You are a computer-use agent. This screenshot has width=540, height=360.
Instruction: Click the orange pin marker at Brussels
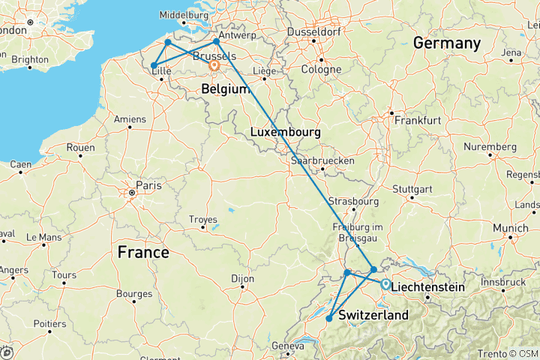pyautogui.click(x=214, y=66)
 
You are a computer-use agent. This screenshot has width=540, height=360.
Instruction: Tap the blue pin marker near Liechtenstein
pyautogui.click(x=385, y=284)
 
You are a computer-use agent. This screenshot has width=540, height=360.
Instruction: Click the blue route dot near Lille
pyautogui.click(x=154, y=66)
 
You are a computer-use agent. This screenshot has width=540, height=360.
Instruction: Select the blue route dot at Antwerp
pyautogui.click(x=216, y=41)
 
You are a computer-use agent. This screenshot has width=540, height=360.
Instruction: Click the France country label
pyautogui.click(x=143, y=253)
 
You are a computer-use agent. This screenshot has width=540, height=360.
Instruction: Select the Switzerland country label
pyautogui.click(x=373, y=316)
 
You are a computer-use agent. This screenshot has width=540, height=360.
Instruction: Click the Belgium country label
pyautogui.click(x=225, y=89)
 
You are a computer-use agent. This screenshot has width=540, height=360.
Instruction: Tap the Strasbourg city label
pyautogui.click(x=352, y=202)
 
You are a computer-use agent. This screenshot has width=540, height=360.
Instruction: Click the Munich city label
pyautogui.click(x=511, y=227)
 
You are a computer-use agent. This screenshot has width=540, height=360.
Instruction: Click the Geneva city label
pyautogui.click(x=292, y=346)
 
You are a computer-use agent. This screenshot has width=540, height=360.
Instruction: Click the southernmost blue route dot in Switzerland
pyautogui.click(x=329, y=319)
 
